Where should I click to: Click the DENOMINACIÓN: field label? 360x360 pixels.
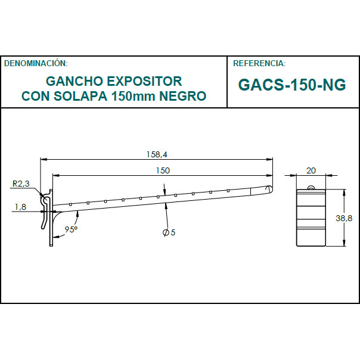tap(36, 63)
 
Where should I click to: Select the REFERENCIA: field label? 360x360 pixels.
tap(259, 63)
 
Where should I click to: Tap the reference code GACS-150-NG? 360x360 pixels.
tap(291, 85)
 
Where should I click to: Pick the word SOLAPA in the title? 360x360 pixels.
tap(79, 95)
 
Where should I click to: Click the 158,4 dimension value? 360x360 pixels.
tap(157, 154)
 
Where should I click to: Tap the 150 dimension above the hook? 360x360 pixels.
tap(163, 170)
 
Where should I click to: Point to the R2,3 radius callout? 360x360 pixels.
tap(20, 184)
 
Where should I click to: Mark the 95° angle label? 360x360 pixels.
tap(72, 229)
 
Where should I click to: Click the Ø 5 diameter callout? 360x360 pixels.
tap(169, 232)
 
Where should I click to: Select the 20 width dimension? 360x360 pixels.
tap(311, 170)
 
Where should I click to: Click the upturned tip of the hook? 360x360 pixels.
tap(269, 189)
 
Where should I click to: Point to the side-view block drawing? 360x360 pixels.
tap(311, 218)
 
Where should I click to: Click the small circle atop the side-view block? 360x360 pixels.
tap(311, 189)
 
